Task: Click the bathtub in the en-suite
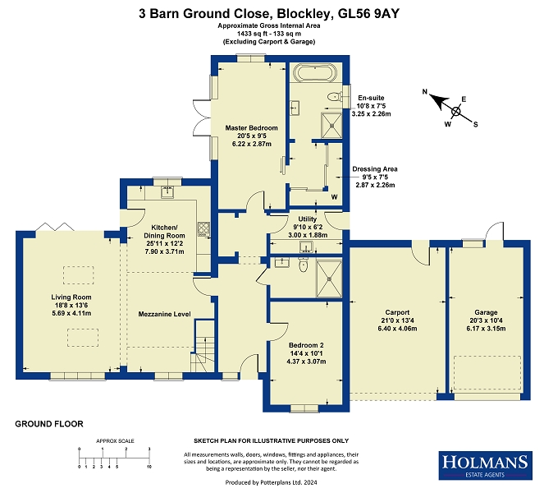tap(315, 72)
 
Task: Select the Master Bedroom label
tap(252, 128)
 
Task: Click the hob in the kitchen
tap(203, 229)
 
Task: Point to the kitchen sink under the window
tap(167, 191)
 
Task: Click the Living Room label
tap(71, 297)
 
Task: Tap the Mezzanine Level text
tap(164, 314)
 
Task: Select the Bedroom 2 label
tap(306, 345)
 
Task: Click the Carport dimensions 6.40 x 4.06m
tap(398, 329)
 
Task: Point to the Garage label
tap(486, 312)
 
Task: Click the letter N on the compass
tap(425, 92)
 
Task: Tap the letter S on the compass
tap(476, 125)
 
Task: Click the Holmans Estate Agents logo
tap(486, 466)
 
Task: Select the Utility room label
tap(308, 219)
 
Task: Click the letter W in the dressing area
tap(334, 197)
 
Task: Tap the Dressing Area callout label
tap(375, 169)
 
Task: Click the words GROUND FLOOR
tap(49, 424)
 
